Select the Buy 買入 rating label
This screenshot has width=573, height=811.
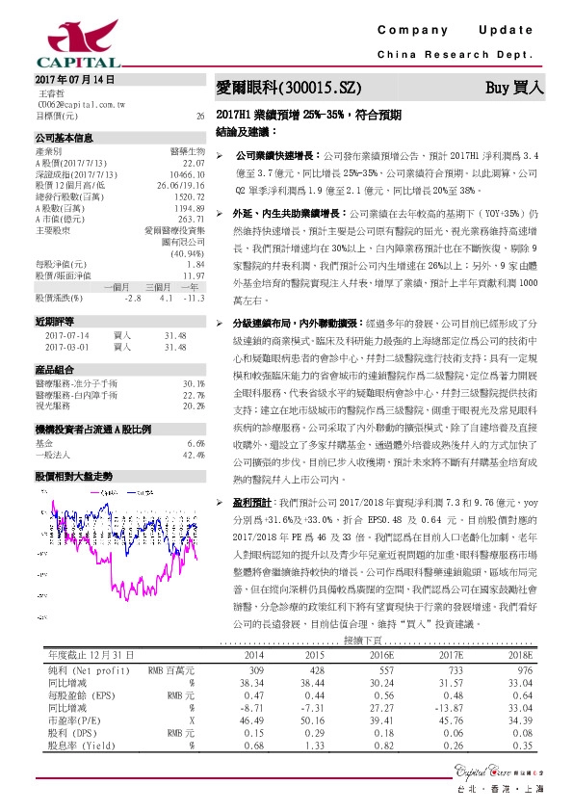coord(514,87)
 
